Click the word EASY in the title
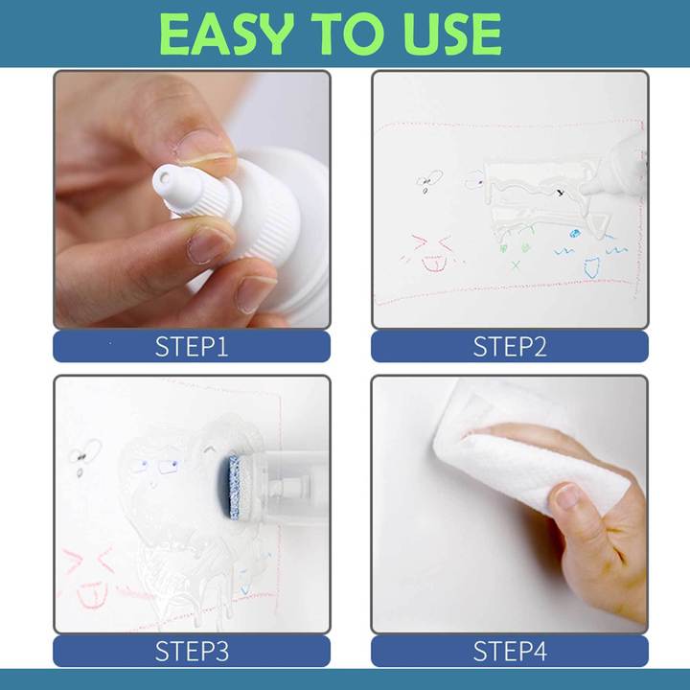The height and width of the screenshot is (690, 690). (226, 34)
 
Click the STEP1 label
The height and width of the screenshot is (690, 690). (192, 346)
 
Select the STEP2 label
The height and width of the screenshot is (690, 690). (510, 346)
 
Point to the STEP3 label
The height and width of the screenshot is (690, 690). (192, 652)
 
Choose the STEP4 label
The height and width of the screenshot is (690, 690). (510, 652)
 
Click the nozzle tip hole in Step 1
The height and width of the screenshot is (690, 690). (164, 177)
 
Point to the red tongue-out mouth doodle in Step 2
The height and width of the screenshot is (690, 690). (434, 264)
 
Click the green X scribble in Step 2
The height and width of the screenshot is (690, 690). (516, 264)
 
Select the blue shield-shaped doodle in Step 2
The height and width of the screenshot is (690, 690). (592, 267)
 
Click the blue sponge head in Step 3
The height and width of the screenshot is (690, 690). (234, 486)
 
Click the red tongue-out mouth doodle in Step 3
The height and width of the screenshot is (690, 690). (92, 595)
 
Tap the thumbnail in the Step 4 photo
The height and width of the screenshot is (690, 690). (567, 496)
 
